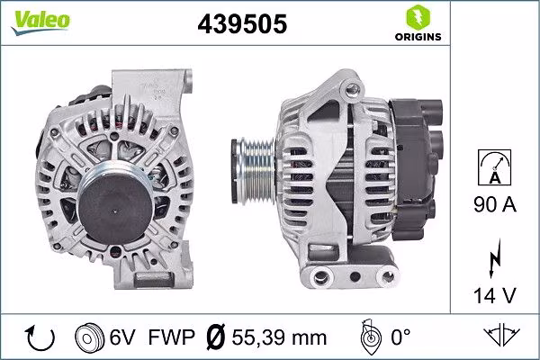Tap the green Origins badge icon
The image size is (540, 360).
pos(417,16)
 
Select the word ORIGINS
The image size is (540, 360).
pos(417,37)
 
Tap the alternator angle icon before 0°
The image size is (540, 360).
pos(368,338)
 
